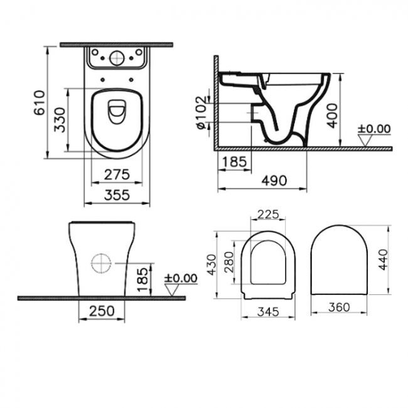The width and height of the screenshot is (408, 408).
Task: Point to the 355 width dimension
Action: (117, 195)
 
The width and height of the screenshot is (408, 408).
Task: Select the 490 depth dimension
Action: (274, 181)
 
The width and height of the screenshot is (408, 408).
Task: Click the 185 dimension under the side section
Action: (234, 162)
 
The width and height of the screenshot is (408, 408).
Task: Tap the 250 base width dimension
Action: (102, 311)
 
